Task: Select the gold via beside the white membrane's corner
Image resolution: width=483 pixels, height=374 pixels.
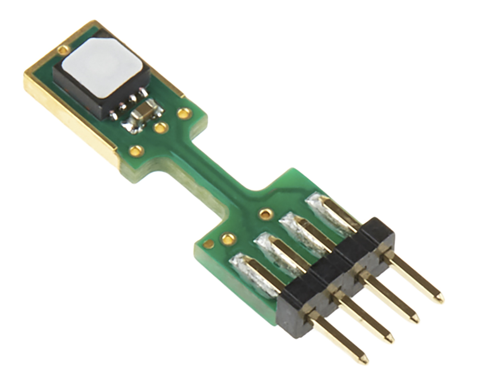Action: coord(63,50)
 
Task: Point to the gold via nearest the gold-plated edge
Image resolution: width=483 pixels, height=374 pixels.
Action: coord(136,151)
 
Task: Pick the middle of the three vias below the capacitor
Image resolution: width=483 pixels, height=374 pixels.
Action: coord(161,128)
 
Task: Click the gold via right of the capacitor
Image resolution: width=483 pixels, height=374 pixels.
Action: coord(184,114)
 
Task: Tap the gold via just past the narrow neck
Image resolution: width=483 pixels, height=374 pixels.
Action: coord(265,214)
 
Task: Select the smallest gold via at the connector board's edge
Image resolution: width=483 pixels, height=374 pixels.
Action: coord(208,244)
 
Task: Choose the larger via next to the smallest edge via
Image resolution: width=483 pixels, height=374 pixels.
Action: coord(228,239)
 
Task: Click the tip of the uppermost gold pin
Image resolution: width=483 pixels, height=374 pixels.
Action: coord(440,298)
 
